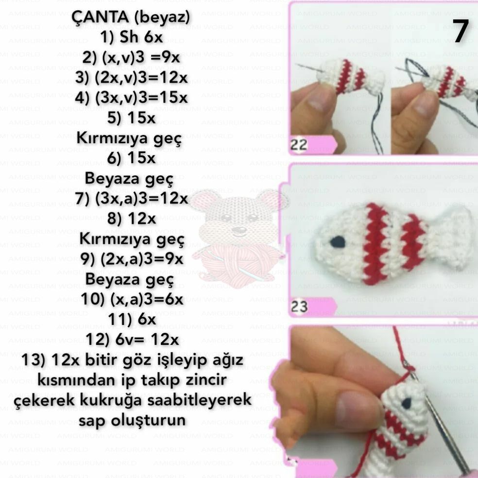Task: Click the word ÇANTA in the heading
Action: (100, 18)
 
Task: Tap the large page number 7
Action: (460, 32)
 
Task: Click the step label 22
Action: (299, 144)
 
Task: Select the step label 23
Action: (300, 307)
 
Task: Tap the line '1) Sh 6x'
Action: (131, 38)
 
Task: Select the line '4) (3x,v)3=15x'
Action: (131, 97)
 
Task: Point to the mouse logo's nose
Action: (238, 228)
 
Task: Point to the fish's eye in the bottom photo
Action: (408, 402)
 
